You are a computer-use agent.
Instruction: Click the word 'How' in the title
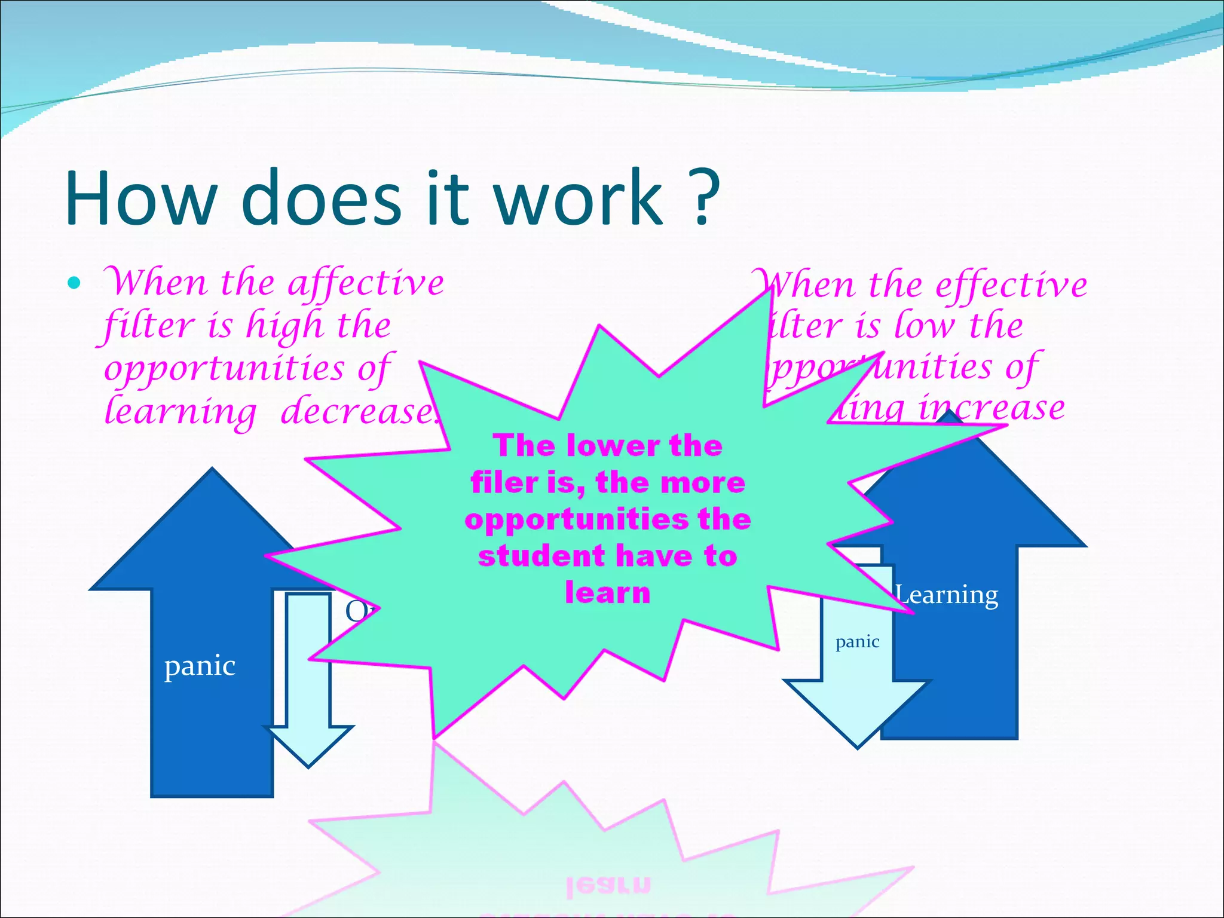(x=141, y=198)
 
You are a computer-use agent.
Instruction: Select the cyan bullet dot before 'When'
(x=74, y=283)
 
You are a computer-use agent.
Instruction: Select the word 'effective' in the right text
(x=1011, y=285)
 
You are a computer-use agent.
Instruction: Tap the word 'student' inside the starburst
(x=541, y=556)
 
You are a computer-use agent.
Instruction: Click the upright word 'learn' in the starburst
(x=607, y=593)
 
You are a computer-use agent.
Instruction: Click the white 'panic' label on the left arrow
(x=200, y=666)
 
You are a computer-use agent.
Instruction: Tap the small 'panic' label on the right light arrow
(x=857, y=642)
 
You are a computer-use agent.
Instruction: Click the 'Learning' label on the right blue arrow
(x=947, y=595)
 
